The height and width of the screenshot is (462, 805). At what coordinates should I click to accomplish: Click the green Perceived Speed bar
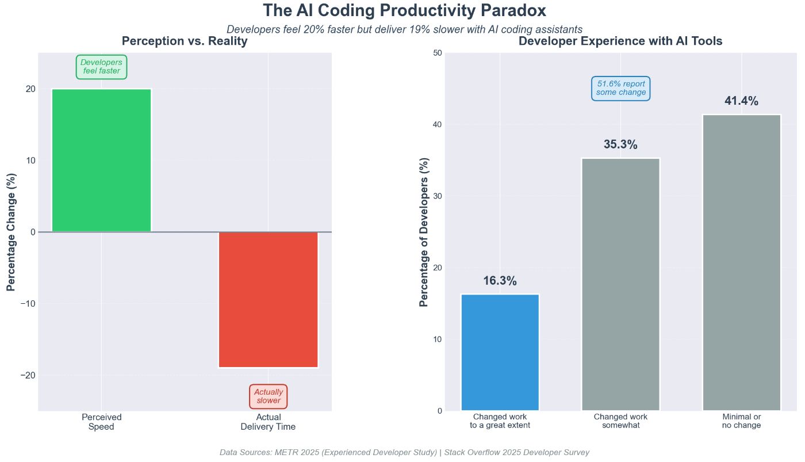pyautogui.click(x=101, y=161)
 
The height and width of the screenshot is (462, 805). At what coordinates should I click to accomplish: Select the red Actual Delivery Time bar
pyautogui.click(x=268, y=299)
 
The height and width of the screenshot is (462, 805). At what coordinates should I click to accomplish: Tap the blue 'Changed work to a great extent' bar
pyautogui.click(x=500, y=352)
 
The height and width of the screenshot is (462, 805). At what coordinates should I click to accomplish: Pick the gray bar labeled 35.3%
pyautogui.click(x=620, y=284)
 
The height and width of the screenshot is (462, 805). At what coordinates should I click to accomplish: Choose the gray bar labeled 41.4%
pyautogui.click(x=741, y=262)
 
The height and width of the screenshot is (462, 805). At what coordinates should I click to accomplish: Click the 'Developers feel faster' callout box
pyautogui.click(x=101, y=67)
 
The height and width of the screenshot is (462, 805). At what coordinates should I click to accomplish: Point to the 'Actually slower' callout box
pyautogui.click(x=268, y=396)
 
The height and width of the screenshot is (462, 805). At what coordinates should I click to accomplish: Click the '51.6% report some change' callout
pyautogui.click(x=620, y=88)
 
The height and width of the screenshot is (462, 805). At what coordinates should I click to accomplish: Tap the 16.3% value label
pyautogui.click(x=500, y=281)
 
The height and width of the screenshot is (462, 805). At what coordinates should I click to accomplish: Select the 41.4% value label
pyautogui.click(x=741, y=101)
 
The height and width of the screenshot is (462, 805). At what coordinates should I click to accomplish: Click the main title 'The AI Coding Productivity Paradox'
pyautogui.click(x=404, y=11)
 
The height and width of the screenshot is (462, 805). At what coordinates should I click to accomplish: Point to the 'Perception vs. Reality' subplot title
pyautogui.click(x=185, y=41)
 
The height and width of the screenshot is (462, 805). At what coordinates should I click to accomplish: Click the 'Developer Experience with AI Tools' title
pyautogui.click(x=620, y=41)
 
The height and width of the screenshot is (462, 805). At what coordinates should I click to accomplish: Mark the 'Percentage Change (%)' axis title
pyautogui.click(x=11, y=232)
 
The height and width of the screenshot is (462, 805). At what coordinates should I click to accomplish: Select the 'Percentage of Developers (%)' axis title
pyautogui.click(x=424, y=232)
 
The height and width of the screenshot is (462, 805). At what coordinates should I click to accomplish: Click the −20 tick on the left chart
pyautogui.click(x=28, y=375)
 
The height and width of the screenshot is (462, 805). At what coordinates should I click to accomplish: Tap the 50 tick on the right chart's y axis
pyautogui.click(x=437, y=53)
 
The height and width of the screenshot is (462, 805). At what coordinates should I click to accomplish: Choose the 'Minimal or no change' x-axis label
pyautogui.click(x=741, y=421)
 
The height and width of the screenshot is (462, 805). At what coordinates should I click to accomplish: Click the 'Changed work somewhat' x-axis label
pyautogui.click(x=620, y=421)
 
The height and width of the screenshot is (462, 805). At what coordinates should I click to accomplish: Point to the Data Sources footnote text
pyautogui.click(x=404, y=453)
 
